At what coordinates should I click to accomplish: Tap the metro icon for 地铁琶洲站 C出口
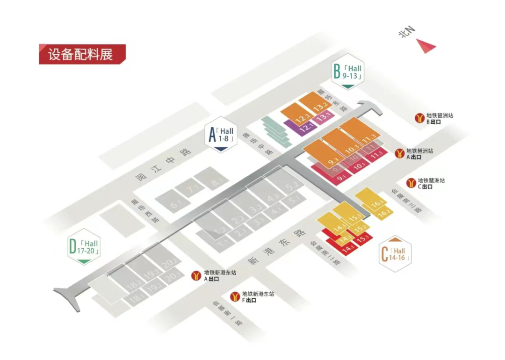click(x=411, y=183)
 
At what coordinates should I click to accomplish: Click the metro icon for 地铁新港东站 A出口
click(x=197, y=275)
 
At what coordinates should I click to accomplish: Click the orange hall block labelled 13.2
click(x=319, y=107)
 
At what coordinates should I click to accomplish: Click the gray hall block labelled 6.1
click(x=175, y=204)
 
